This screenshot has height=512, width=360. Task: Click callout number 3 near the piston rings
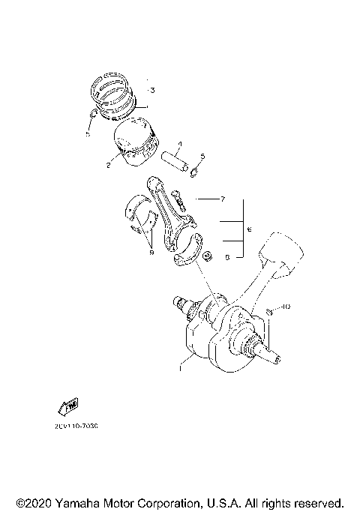151,91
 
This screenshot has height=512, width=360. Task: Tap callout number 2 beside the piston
109,164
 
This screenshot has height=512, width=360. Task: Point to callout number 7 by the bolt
223,200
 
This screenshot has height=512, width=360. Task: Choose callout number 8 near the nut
226,256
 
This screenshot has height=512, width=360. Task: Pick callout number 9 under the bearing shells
151,253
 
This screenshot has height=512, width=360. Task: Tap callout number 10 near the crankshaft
286,307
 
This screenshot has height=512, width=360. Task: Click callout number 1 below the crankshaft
181,369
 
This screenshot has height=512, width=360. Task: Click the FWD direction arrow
67,406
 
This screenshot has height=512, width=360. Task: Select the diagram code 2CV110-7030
76,426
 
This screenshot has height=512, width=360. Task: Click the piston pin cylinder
177,161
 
